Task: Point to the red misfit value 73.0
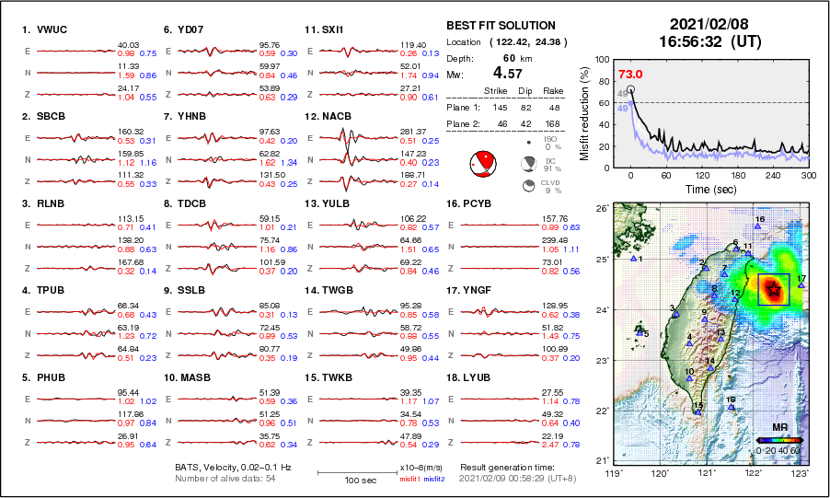coord(630,75)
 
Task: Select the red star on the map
coord(774,290)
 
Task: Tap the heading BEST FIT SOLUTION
coord(501,26)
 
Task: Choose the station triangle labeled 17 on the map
coord(802,285)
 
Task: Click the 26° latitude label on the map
coord(598,209)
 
